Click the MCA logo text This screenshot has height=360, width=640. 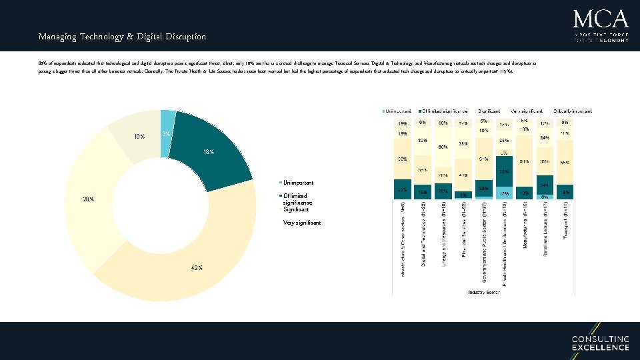click(x=600, y=18)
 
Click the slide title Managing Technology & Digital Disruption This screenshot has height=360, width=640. click(x=122, y=37)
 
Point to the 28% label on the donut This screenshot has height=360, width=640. click(x=87, y=199)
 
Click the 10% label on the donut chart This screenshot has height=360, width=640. click(x=139, y=137)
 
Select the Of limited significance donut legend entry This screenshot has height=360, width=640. click(x=297, y=199)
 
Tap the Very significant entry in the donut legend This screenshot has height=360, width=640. click(x=301, y=223)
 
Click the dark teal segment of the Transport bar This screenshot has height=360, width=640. click(x=565, y=192)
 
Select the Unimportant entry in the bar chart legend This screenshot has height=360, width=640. click(x=399, y=110)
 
